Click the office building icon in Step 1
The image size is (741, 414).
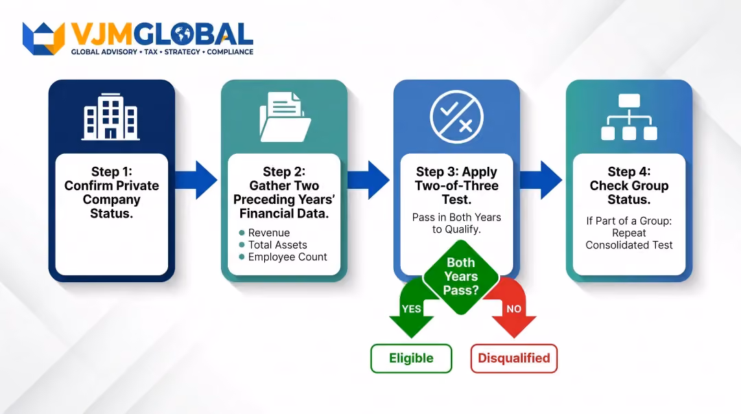[x=110, y=117]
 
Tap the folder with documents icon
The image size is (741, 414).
[x=285, y=117]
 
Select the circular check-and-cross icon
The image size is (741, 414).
[x=456, y=117]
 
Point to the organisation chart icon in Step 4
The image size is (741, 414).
[x=629, y=117]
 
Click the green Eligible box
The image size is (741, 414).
[x=411, y=358]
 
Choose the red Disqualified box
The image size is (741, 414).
[x=514, y=358]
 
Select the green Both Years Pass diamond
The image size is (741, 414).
[x=461, y=277]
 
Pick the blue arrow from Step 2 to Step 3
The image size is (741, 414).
[x=368, y=180]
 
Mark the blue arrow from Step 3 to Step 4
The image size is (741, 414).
[x=541, y=180]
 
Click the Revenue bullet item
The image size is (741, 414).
[x=265, y=233]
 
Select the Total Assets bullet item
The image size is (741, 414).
[x=273, y=244]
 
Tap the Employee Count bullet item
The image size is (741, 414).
[x=283, y=257]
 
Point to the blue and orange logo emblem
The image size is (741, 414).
[x=43, y=38]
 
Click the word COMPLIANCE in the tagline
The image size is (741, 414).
[x=230, y=52]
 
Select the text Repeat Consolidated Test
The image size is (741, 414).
[x=629, y=239]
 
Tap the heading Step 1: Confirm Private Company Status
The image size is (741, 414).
[x=112, y=192]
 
